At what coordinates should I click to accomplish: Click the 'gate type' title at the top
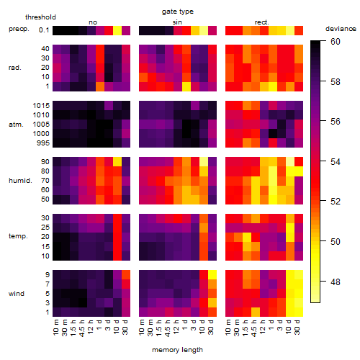[178, 12]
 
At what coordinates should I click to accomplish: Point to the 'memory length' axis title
[177, 350]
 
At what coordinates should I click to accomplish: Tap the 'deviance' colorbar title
[341, 29]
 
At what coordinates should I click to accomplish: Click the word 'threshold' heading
[40, 17]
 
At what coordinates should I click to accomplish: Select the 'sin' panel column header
[177, 22]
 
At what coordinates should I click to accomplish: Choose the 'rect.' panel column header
[262, 22]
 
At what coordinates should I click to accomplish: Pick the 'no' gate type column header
[93, 22]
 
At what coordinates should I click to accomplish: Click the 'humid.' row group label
[20, 181]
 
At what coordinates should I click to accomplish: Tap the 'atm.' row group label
[16, 125]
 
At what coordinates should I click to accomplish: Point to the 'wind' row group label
[17, 294]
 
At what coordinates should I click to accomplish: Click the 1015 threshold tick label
[41, 106]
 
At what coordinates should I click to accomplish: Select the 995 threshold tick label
[43, 143]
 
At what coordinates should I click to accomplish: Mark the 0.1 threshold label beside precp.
[44, 30]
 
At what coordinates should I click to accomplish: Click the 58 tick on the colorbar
[336, 82]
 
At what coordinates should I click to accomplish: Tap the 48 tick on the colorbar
[336, 282]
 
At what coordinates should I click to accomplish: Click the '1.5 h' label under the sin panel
[160, 328]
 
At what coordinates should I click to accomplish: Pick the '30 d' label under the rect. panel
[297, 327]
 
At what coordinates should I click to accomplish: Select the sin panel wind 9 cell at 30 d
[212, 274]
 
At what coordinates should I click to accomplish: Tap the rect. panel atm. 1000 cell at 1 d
[273, 134]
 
